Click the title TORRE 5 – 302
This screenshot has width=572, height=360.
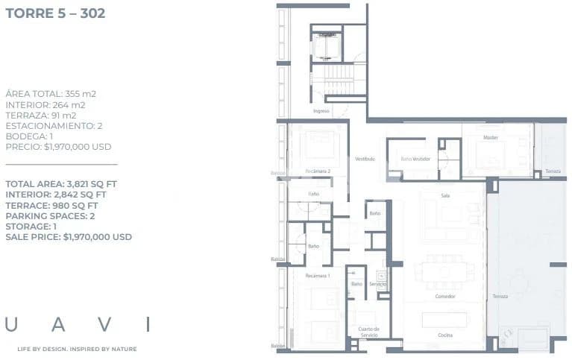point(54,13)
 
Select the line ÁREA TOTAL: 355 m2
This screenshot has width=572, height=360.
point(51,94)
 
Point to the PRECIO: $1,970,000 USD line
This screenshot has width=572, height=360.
point(58,147)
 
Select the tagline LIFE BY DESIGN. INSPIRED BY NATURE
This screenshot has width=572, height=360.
point(77,349)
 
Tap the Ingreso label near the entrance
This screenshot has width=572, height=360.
point(321,111)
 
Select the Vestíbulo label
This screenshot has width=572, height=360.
point(365,159)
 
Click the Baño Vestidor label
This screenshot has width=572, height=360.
point(415,159)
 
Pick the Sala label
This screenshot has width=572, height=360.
point(445,195)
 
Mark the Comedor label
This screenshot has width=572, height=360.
point(445,296)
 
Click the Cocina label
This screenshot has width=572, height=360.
point(444,335)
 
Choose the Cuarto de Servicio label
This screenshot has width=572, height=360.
point(368,332)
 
